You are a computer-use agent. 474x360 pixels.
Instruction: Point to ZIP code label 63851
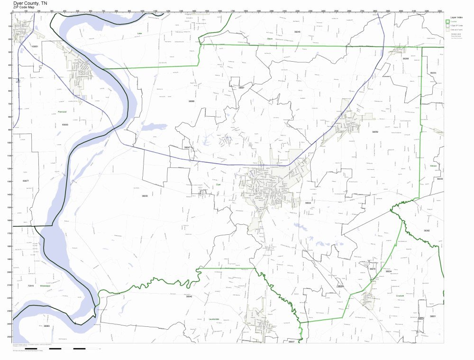[35, 46]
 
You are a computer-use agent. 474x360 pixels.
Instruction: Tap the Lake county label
[139, 34]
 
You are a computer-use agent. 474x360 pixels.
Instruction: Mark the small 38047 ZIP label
[188, 148]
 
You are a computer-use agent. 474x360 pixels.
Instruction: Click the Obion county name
[270, 38]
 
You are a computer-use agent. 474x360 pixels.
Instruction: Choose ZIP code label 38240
[297, 31]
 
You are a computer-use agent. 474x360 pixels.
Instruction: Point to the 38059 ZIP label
[375, 132]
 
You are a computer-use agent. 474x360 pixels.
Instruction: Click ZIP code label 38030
[145, 195]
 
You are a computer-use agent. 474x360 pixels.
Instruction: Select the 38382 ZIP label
[427, 231]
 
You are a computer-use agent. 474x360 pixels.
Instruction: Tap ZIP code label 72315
[31, 286]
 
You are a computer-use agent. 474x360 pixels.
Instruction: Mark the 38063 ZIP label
[46, 326]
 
